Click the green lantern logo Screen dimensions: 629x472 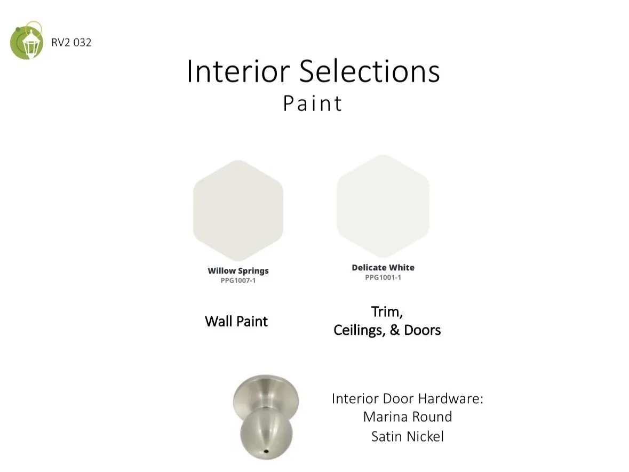click(27, 41)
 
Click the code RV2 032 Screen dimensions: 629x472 click(71, 43)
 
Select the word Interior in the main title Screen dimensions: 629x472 click(238, 71)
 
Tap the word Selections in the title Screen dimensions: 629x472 click(370, 71)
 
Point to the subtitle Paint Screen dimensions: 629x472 click(313, 103)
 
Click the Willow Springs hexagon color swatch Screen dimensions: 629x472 click(238, 211)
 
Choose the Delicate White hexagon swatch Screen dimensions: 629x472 click(383, 206)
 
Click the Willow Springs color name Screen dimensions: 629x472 click(238, 271)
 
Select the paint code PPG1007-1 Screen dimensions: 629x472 click(238, 281)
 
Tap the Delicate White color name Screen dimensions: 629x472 click(383, 268)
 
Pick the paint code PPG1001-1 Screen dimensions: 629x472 click(383, 277)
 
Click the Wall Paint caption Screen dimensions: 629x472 click(236, 321)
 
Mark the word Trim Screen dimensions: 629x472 click(387, 312)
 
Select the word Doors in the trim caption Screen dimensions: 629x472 click(423, 330)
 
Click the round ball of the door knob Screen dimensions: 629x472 click(266, 434)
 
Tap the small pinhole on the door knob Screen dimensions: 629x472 click(266, 452)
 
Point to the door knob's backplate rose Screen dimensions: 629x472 click(266, 395)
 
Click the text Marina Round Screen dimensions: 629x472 click(408, 417)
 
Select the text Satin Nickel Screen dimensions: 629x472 click(408, 436)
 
